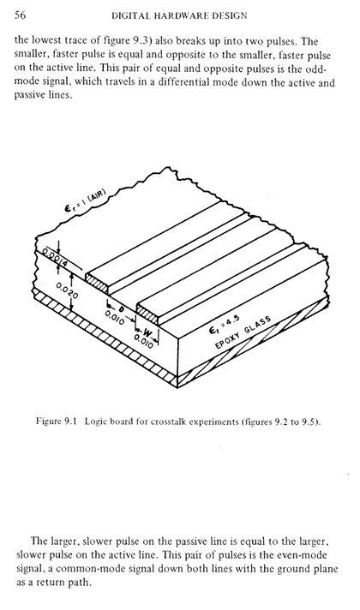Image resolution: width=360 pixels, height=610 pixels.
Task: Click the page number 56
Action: point(20,15)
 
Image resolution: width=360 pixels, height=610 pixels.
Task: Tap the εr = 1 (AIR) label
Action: point(85,200)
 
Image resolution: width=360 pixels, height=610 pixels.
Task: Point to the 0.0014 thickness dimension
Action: point(56,258)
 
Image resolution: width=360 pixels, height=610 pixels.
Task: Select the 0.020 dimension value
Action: point(67,290)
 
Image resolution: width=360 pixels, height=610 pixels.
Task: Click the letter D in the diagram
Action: point(121,309)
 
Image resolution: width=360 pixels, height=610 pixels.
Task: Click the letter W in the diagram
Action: point(147,332)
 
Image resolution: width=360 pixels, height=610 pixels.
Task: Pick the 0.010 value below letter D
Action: point(114,318)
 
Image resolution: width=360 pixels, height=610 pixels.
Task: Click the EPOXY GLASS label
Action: point(243,332)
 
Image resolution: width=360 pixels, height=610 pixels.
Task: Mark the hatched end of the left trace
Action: point(97,283)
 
